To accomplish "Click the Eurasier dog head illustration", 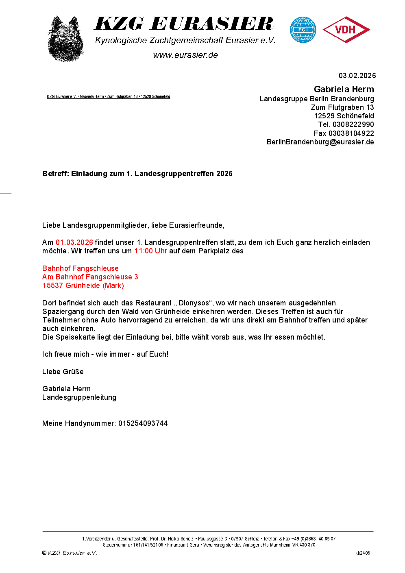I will (x=65, y=39).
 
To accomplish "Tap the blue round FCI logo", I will (x=303, y=30).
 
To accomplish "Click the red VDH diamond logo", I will (x=346, y=30).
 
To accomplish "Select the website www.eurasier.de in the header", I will (x=185, y=55).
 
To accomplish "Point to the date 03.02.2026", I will (x=357, y=76).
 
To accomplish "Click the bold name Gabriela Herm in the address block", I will (x=344, y=89).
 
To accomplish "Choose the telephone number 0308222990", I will (x=353, y=124).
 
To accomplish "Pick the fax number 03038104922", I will (x=351, y=133).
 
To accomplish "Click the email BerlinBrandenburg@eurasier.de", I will (x=320, y=142).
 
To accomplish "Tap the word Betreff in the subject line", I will (x=55, y=174).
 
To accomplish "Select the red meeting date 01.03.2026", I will (x=74, y=242).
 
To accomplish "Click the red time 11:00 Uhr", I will (x=150, y=251).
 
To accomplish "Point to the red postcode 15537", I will (x=53, y=285).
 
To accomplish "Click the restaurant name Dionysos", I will (x=194, y=303).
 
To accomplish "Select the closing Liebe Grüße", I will (x=63, y=372).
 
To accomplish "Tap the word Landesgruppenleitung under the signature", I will (x=79, y=397).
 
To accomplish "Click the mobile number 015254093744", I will (x=143, y=423).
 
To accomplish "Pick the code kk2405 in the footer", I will (x=363, y=553).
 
